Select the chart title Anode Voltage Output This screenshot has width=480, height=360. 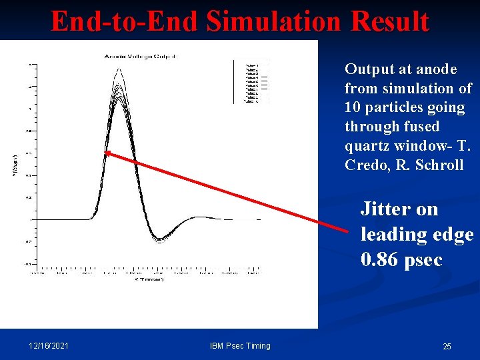tap(140, 57)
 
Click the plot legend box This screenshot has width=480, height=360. tap(251, 81)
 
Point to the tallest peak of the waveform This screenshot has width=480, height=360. tap(119, 69)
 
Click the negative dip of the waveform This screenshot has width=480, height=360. tap(159, 240)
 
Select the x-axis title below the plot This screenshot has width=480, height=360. tap(148, 279)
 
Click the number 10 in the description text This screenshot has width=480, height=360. tap(353, 107)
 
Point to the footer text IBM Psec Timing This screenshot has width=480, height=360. tap(240, 346)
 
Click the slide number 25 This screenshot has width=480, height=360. tap(447, 347)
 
